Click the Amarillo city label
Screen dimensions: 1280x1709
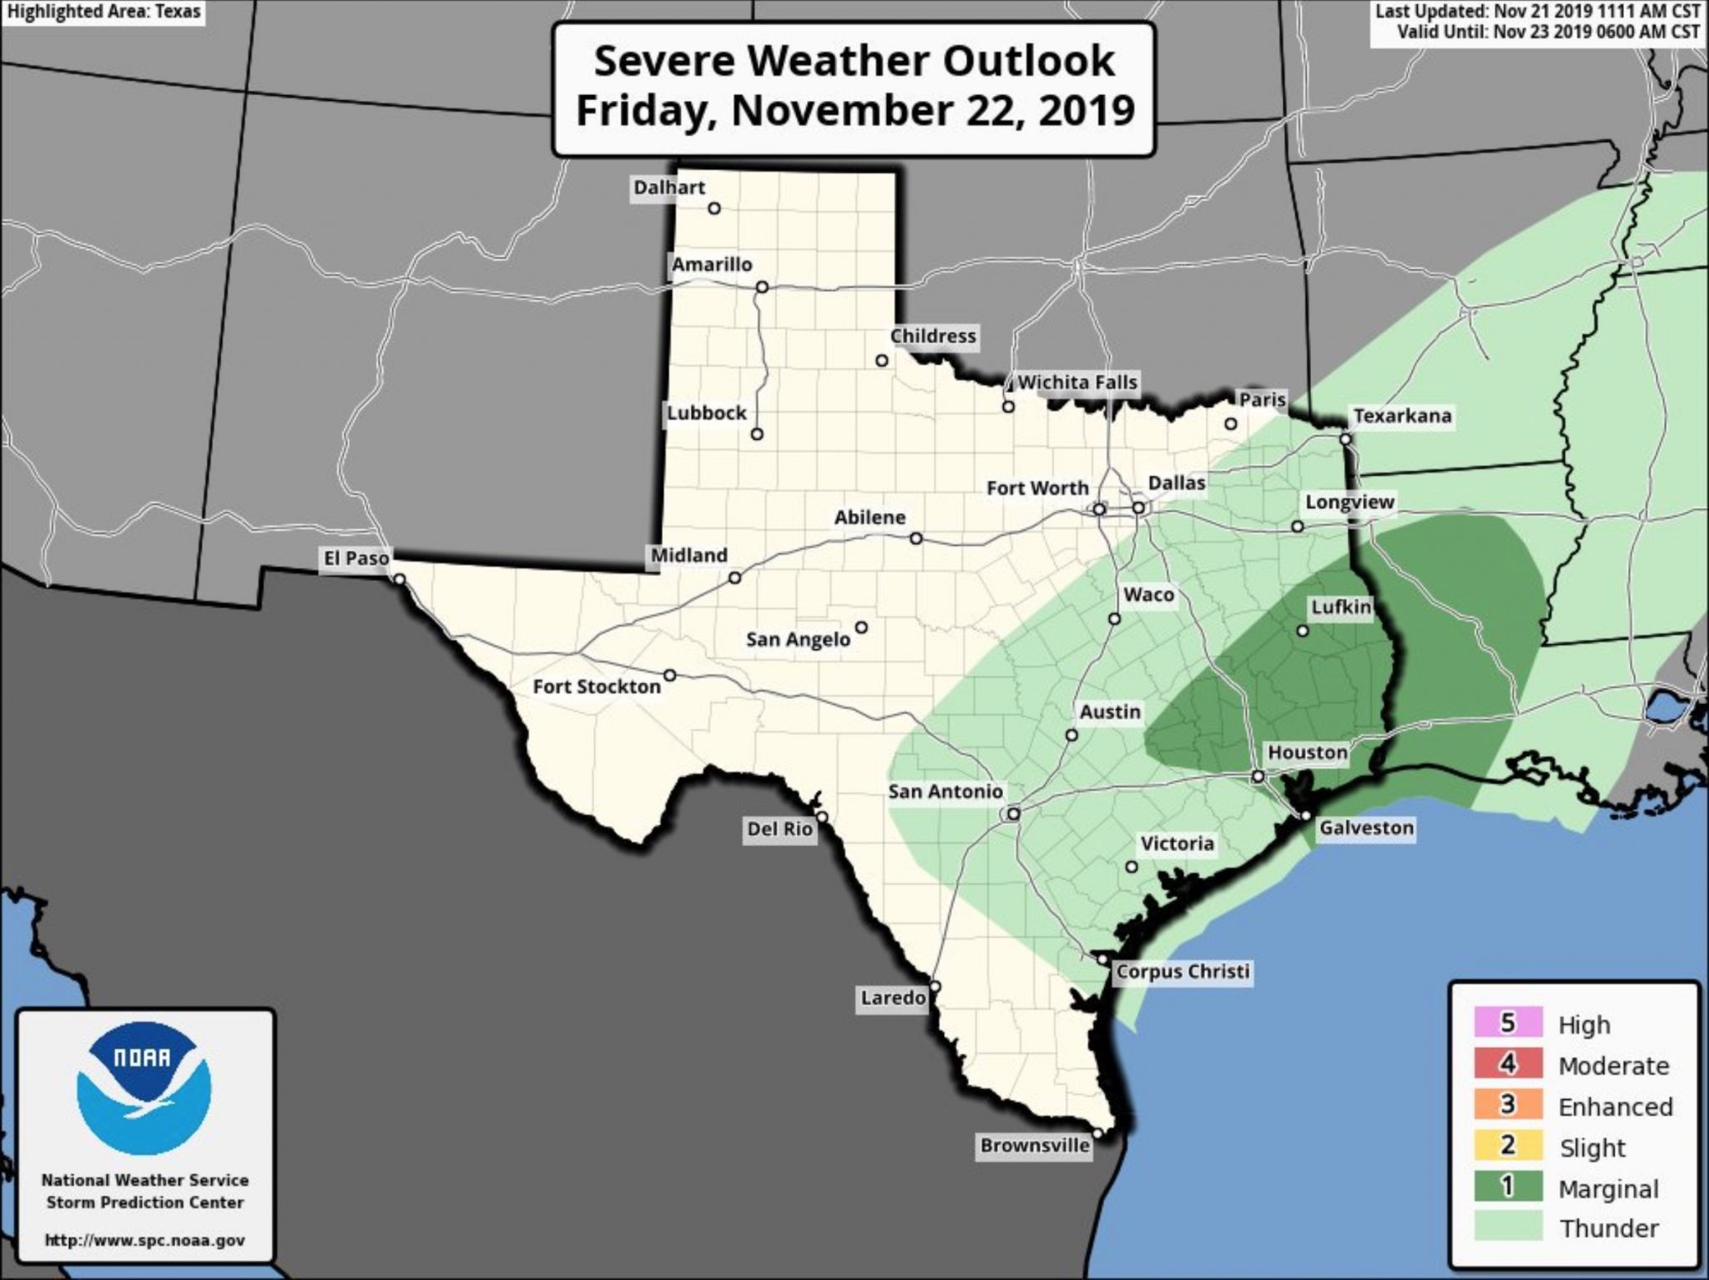click(712, 265)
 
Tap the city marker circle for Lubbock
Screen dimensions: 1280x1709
click(757, 434)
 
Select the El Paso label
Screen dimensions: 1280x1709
click(355, 557)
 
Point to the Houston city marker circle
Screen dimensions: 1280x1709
click(1258, 777)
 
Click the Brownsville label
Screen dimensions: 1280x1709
click(1035, 1146)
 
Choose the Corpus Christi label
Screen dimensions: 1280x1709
click(1182, 971)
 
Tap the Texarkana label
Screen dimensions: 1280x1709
click(1402, 416)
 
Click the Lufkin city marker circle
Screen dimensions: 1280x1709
click(1303, 631)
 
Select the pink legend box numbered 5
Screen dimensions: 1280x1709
click(1507, 1023)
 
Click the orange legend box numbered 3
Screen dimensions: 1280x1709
click(1507, 1105)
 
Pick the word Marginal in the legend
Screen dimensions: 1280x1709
click(1608, 1188)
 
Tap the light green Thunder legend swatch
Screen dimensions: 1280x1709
click(1507, 1227)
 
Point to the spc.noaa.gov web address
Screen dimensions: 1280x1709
click(144, 1241)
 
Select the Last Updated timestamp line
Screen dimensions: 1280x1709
click(1537, 12)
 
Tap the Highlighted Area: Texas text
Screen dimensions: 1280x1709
click(103, 13)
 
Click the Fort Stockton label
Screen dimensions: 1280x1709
click(597, 687)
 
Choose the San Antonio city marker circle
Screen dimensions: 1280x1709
click(1013, 814)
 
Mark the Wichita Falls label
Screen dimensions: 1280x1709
click(1076, 382)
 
